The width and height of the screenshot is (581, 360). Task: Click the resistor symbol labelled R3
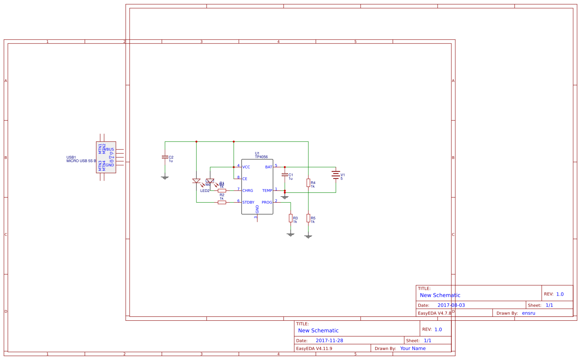coord(291,218)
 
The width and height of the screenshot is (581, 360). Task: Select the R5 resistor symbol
coord(308,218)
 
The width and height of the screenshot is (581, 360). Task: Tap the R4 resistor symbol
coord(308,183)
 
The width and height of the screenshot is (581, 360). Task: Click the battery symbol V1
coord(335,175)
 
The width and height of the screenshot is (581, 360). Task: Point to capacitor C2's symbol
coord(165,157)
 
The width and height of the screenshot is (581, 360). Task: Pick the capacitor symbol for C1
coord(285,175)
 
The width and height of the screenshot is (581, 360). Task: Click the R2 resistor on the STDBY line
coord(222,202)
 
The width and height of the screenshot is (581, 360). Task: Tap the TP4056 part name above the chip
coord(261,157)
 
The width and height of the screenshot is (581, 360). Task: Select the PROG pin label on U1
coord(267,203)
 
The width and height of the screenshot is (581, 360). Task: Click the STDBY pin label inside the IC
coord(248,203)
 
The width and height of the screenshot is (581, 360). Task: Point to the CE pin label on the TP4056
coord(245,179)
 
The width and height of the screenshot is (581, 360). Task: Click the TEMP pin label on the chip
coord(267,191)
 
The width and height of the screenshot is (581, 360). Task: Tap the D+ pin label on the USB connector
coord(112,157)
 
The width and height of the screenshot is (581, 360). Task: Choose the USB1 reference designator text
coord(71,157)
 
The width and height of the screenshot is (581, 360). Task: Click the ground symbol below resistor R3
coord(291,234)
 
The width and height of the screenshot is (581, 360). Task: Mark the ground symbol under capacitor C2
coord(165,177)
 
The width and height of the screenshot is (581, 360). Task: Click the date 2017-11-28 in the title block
coord(329,341)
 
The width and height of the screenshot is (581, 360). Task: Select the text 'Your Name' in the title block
coord(413,349)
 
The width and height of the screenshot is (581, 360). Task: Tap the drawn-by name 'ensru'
coord(528,313)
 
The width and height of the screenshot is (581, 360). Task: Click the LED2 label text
coord(205,191)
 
